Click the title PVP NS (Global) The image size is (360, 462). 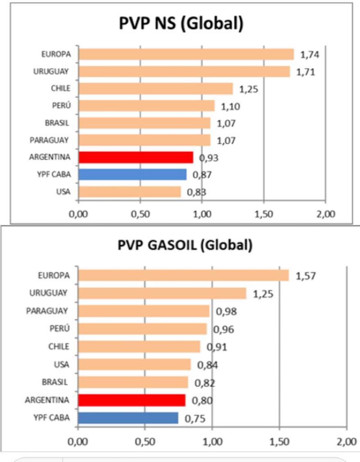181,24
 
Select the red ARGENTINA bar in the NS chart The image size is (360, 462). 136,157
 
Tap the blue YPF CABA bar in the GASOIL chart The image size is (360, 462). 128,418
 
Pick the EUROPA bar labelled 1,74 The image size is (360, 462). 186,54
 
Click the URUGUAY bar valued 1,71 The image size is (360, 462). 184,72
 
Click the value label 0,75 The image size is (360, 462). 194,418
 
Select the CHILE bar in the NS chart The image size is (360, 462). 155,89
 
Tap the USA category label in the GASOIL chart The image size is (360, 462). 61,364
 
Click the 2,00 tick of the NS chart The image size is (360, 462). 325,214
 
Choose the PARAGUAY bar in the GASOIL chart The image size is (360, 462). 143,311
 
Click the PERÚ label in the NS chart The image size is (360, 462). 62,105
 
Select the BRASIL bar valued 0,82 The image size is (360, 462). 133,382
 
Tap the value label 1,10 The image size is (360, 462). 231,106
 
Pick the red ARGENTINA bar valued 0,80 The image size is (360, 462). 131,400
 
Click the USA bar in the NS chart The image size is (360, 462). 130,192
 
